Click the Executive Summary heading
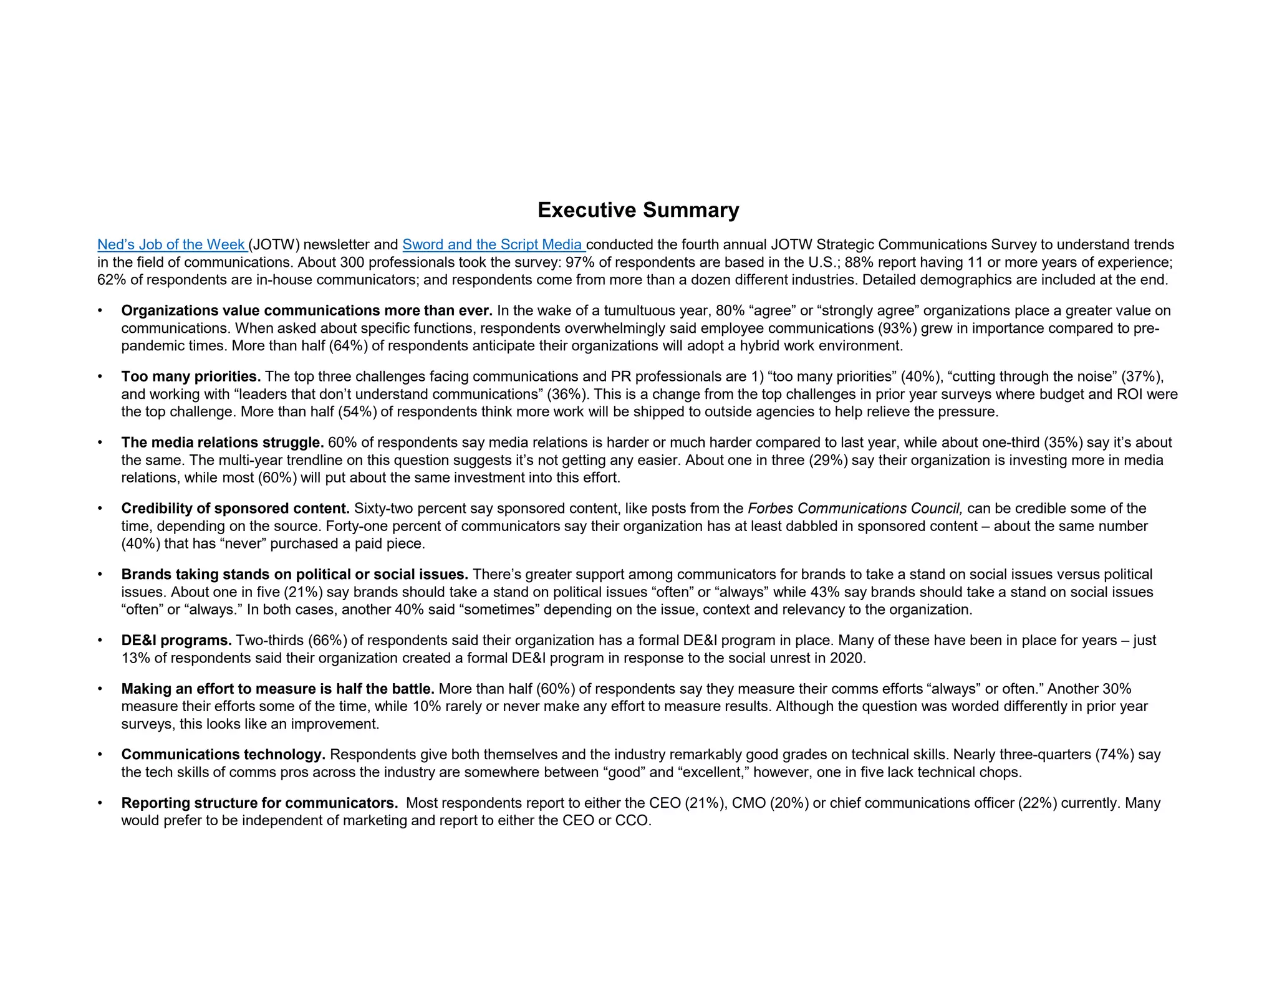click(638, 210)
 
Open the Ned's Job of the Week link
click(171, 245)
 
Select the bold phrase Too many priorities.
click(191, 376)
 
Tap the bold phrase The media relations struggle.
click(223, 443)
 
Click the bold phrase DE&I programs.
click(176, 641)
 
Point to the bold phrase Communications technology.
click(223, 755)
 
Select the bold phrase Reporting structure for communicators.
click(259, 803)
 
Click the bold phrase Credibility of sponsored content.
click(236, 509)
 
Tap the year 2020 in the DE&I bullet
click(847, 658)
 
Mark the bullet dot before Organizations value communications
click(100, 311)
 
